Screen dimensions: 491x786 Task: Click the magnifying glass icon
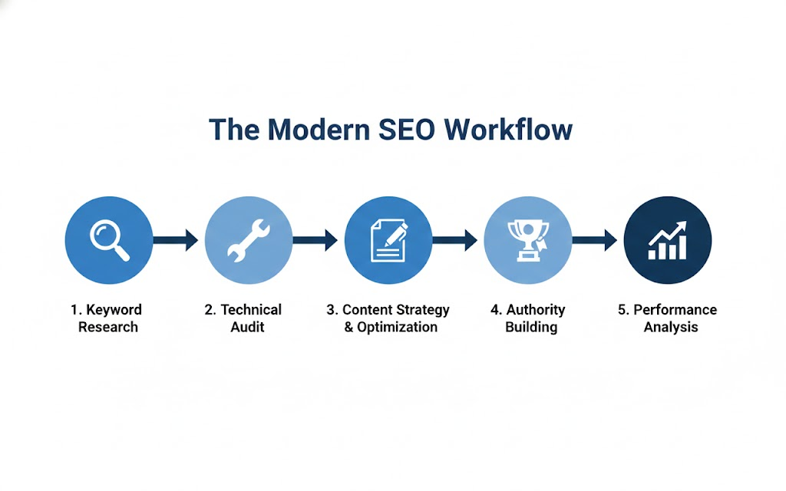[109, 239]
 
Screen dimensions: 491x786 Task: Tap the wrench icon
[249, 239]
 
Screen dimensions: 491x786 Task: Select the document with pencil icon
[388, 239]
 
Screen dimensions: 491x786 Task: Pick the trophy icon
[528, 239]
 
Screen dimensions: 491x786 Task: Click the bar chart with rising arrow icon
[668, 239]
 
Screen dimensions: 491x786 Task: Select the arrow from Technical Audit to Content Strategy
[316, 240]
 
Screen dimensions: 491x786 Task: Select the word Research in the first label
[108, 328]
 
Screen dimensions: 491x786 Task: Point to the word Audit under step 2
[247, 328]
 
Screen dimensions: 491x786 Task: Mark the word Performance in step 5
[675, 310]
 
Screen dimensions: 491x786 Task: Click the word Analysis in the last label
[671, 328]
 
